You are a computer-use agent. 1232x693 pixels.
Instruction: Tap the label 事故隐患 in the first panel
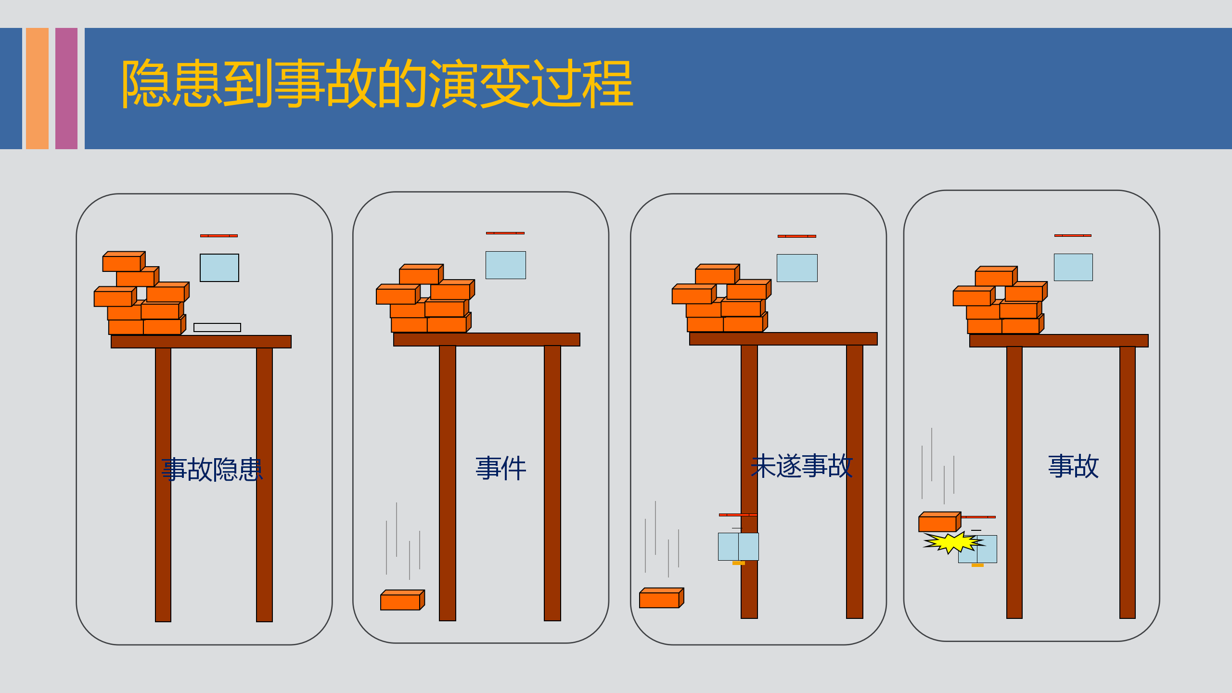212,469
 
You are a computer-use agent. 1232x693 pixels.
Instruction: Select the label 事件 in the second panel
501,468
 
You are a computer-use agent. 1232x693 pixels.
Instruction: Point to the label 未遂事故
802,466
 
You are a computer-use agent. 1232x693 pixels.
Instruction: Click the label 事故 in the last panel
1074,466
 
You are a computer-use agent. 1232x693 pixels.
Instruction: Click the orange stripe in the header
37,89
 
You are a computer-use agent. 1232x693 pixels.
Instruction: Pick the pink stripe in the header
66,89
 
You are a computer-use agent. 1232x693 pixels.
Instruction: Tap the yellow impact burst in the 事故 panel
953,542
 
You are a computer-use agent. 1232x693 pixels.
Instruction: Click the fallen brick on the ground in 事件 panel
402,600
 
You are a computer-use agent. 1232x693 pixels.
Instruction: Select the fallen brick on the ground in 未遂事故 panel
661,598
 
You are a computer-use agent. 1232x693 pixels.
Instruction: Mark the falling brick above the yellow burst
939,522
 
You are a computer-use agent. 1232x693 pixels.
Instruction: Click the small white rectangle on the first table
217,327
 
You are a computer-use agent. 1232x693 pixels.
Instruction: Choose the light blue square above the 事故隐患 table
219,268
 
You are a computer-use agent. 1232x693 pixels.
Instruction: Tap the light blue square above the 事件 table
506,265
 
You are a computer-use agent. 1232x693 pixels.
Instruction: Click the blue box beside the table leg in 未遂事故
738,547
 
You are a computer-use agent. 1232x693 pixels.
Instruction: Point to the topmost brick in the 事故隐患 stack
124,261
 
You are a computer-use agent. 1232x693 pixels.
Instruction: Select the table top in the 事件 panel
487,339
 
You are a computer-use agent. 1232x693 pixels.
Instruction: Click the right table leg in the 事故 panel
1128,482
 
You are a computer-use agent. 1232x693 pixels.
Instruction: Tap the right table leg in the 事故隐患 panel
264,485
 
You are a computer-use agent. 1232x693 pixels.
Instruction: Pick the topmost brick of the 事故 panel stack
996,276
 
